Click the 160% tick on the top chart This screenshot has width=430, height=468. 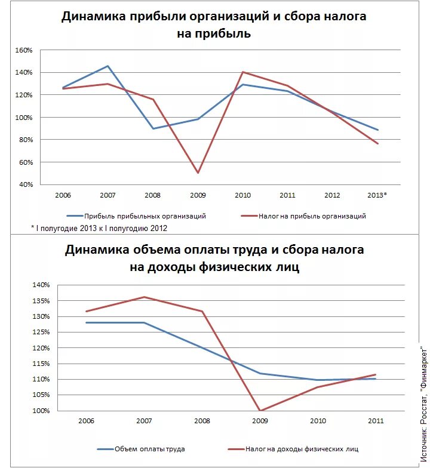24,50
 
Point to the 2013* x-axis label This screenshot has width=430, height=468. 377,195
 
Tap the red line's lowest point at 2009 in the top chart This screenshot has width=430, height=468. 198,173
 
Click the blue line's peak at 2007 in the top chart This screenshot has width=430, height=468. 107,66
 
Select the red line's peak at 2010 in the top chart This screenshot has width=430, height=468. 242,72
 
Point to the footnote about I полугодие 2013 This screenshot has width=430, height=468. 99,228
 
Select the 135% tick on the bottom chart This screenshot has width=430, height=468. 41,301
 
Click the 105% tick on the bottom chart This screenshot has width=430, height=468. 41,395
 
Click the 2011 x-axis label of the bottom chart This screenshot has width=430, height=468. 375,421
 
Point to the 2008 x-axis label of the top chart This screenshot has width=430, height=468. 152,195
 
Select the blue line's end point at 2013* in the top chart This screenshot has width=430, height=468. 378,130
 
